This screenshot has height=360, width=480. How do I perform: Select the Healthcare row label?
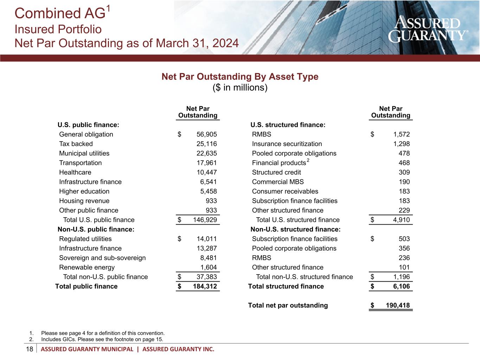pyautogui.click(x=75, y=172)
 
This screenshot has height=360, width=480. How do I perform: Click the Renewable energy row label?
pyautogui.click(x=87, y=268)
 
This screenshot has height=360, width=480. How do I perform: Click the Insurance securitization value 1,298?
pyautogui.click(x=401, y=144)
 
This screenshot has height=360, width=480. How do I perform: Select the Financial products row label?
pyautogui.click(x=279, y=163)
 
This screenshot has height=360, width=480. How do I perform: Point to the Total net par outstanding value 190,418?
pyautogui.click(x=398, y=306)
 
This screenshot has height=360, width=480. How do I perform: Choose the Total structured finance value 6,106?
pyautogui.click(x=401, y=287)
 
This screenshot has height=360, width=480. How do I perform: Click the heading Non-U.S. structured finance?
pyautogui.click(x=295, y=230)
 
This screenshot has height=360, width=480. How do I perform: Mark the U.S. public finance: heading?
pyautogui.click(x=88, y=125)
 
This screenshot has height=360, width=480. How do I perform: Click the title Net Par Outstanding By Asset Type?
pyautogui.click(x=240, y=77)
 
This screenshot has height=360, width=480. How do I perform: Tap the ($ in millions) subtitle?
pyautogui.click(x=240, y=87)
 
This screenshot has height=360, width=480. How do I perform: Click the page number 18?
pyautogui.click(x=30, y=349)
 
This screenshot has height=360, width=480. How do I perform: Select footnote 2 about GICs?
pyautogui.click(x=102, y=339)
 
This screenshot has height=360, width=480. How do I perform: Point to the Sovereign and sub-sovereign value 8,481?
pyautogui.click(x=208, y=258)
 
